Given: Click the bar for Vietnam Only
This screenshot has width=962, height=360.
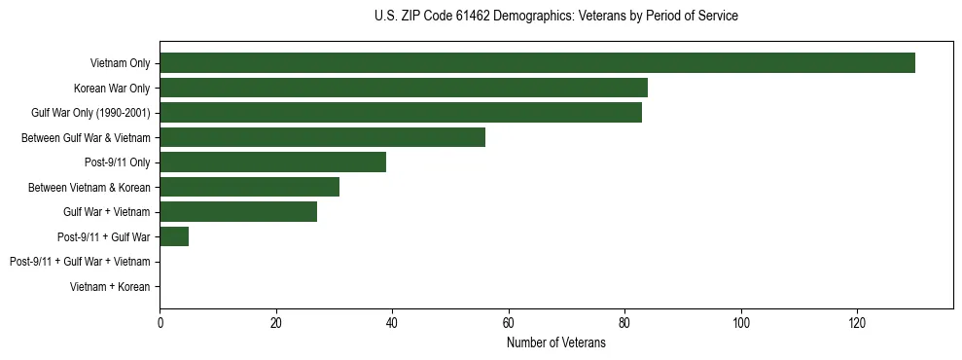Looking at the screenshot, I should tap(537, 63).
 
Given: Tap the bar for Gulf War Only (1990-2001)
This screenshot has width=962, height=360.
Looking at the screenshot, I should tap(401, 113).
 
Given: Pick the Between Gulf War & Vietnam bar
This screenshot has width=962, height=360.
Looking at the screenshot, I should tap(322, 137).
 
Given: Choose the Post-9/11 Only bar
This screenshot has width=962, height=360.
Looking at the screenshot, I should tap(273, 162).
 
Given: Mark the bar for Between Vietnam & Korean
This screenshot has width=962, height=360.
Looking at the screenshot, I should tap(250, 187).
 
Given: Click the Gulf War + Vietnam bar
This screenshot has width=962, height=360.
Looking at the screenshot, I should tap(238, 212).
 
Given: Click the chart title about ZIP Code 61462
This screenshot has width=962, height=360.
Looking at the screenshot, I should tap(555, 17).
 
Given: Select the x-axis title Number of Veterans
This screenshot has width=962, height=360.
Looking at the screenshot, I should tap(555, 343).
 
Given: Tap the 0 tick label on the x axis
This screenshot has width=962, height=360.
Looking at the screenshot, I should tap(160, 323).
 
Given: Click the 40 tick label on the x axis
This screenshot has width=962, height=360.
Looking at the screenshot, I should tap(392, 323).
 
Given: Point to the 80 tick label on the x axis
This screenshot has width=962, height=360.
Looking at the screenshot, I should tap(624, 323).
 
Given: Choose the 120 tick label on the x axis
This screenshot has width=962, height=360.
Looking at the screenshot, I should tap(857, 323).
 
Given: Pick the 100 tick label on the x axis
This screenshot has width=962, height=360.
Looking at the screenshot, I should tap(741, 323).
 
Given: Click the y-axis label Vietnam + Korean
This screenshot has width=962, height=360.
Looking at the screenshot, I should tap(110, 287).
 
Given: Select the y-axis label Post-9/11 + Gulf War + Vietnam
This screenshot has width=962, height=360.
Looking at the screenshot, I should tap(80, 262).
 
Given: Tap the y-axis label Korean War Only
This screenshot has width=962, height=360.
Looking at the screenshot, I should tap(112, 89).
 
